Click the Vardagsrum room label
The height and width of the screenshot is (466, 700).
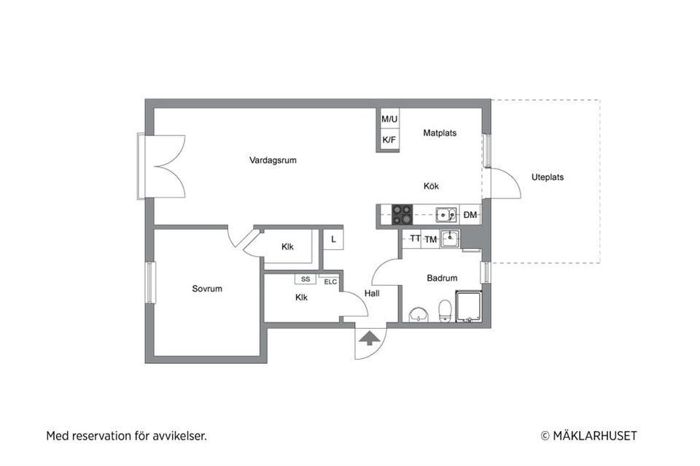coord(273,160)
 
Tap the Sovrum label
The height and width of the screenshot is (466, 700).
coord(207,289)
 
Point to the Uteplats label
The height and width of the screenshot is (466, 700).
coord(548,177)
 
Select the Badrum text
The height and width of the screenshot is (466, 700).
coord(442,278)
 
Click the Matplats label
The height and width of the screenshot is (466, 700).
coord(440,133)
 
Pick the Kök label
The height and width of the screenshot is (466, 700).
coord(431,186)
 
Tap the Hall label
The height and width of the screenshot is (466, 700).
coord(372,293)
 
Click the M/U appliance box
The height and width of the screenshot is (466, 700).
coord(389,119)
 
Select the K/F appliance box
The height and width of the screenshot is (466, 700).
coord(389,140)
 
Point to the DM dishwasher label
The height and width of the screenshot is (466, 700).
coord(470,215)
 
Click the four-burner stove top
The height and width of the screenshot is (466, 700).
coord(402,214)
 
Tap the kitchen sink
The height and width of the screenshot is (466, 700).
coord(446,215)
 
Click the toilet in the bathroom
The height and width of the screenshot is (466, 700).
coord(445,311)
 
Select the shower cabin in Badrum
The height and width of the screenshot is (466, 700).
coord(468,306)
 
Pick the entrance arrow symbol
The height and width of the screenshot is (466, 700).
coord(369,338)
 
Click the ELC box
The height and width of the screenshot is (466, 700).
coord(330,281)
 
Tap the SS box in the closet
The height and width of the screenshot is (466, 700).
coord(306,279)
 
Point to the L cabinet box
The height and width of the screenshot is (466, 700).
coord(333,240)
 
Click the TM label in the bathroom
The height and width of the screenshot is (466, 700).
coord(430,240)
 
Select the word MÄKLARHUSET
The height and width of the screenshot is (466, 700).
coord(595,435)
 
